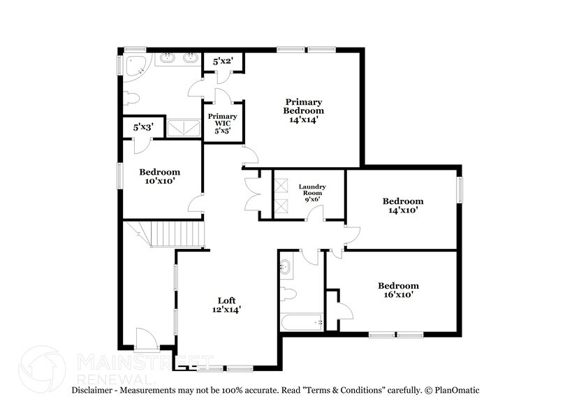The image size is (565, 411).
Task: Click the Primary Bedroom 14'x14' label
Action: (x=303, y=110)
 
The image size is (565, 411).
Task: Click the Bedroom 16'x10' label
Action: (x=398, y=290)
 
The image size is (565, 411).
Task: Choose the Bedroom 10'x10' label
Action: (x=159, y=176)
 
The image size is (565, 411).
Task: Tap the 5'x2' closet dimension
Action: (x=223, y=62)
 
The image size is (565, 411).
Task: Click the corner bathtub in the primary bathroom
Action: (x=136, y=65)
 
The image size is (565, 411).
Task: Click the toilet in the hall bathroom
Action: (x=289, y=294)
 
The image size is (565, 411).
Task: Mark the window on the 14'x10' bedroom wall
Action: (x=460, y=189)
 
